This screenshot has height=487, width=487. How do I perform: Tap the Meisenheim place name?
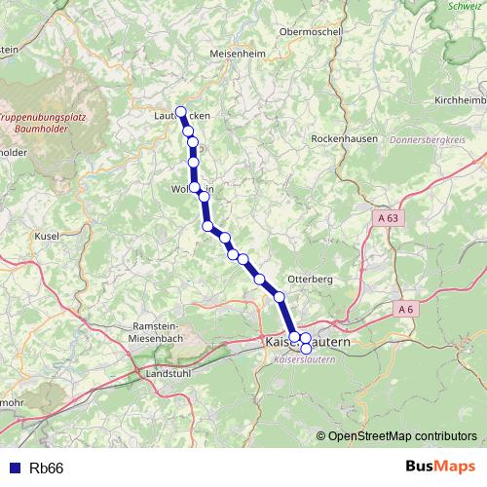238,55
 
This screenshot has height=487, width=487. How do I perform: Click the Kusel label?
47,237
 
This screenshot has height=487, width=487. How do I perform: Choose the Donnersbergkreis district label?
430,140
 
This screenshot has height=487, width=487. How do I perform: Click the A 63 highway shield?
388,219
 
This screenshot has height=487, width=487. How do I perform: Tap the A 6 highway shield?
407,309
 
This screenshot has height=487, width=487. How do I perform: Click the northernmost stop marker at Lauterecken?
180,111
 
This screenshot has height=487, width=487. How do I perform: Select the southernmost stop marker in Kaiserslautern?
306,349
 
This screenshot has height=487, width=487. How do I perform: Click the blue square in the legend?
14,468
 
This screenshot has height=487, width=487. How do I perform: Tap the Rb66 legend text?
47,468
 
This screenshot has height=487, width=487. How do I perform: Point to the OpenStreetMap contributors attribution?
402,435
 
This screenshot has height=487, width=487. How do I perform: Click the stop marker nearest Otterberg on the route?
280,296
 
